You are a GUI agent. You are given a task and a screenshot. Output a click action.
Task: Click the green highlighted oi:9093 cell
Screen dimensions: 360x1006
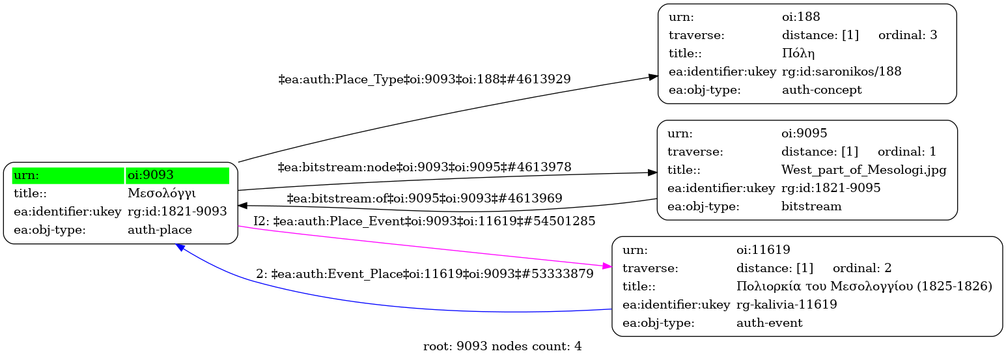(x=177, y=175)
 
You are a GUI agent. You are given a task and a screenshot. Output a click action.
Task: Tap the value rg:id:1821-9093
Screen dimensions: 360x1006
(x=177, y=212)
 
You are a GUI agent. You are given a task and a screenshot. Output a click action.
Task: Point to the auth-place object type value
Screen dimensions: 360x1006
(x=160, y=230)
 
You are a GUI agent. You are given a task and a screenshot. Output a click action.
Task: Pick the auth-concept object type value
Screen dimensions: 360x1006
(x=821, y=90)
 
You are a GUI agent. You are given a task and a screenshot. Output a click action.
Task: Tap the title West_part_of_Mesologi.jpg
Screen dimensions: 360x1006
(x=863, y=170)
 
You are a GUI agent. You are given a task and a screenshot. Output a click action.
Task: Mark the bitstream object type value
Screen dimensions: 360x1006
(x=811, y=206)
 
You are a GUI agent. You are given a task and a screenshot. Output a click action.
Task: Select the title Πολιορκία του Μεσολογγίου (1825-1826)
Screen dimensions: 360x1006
(x=864, y=286)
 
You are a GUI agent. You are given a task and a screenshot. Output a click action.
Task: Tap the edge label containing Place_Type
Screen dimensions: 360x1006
(x=425, y=79)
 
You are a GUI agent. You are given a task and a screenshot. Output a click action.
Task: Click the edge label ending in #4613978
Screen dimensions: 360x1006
(x=425, y=167)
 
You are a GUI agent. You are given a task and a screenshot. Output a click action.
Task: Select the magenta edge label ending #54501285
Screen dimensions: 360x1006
(x=425, y=221)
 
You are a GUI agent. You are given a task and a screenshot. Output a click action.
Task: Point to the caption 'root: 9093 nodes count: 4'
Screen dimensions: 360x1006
(x=502, y=346)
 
